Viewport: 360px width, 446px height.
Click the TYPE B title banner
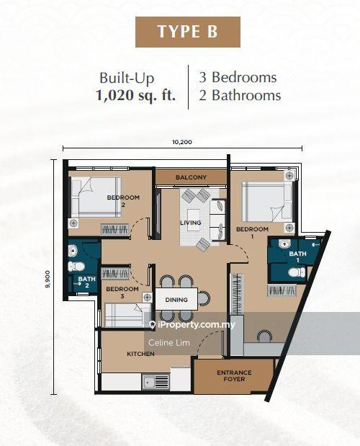(188, 32)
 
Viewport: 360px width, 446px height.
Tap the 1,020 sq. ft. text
(136, 95)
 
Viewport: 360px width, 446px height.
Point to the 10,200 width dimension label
(182, 142)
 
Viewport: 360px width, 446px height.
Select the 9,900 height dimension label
(48, 279)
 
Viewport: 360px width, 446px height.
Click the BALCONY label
(191, 177)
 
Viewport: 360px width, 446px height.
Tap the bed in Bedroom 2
(96, 197)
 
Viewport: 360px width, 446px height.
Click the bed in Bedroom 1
(267, 201)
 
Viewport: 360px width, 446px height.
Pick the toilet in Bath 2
(76, 267)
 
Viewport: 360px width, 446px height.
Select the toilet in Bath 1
(297, 272)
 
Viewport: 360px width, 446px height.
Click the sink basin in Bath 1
(284, 244)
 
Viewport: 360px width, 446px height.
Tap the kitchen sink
(156, 382)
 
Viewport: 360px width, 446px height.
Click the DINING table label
(176, 300)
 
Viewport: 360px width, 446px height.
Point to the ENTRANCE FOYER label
(234, 375)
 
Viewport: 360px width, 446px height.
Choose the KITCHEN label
(140, 354)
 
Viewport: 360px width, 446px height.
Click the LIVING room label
(191, 223)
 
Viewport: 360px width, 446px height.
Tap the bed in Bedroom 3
(128, 315)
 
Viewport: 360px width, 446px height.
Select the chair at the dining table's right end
(204, 298)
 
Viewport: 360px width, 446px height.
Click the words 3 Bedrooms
(238, 77)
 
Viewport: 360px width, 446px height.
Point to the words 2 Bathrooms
(240, 95)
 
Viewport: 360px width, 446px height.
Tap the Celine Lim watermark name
(169, 343)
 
